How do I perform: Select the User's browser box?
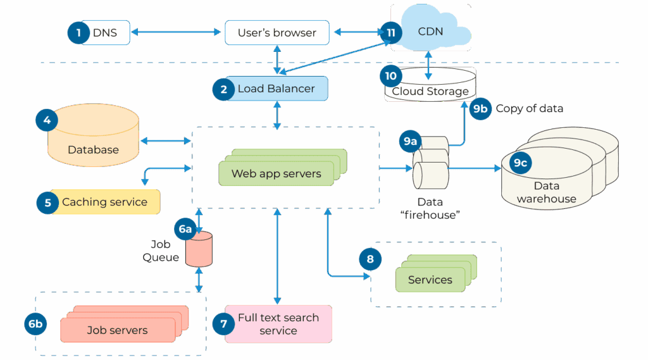click(277, 33)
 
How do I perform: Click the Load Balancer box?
click(276, 89)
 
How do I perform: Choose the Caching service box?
click(104, 202)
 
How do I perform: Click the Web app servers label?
click(276, 173)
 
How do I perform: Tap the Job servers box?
click(117, 330)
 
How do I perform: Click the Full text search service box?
click(278, 324)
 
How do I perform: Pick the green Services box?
click(430, 280)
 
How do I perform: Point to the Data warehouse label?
click(546, 192)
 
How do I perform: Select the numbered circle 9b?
click(480, 108)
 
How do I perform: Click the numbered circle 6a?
click(185, 229)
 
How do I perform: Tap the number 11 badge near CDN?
click(390, 32)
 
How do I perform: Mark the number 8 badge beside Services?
click(370, 259)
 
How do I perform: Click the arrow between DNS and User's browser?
click(177, 33)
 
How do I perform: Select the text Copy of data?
click(529, 108)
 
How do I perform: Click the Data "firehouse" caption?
click(430, 208)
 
